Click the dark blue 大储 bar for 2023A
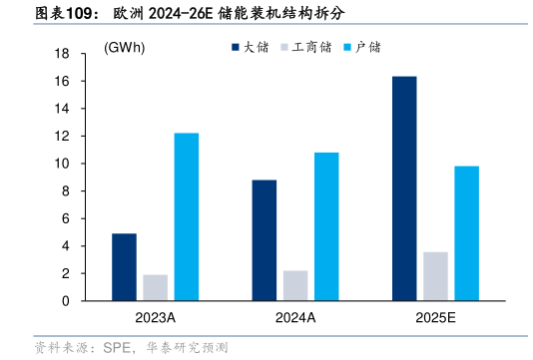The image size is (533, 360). click(124, 267)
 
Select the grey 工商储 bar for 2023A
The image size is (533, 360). click(155, 287)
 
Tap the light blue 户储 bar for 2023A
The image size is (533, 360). click(186, 216)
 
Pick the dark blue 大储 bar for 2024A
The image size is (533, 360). click(264, 240)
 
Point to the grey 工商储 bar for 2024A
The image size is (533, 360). click(294, 285)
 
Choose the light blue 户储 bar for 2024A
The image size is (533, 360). click(326, 226)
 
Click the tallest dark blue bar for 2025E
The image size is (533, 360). click(404, 188)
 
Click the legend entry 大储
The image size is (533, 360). click(255, 47)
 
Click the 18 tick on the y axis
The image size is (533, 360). click(62, 54)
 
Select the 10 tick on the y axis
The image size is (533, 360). click(62, 164)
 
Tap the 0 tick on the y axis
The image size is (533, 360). click(66, 300)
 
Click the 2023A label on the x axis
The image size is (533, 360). click(155, 318)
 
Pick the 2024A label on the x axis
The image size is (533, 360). click(294, 318)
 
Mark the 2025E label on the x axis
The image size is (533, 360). click(435, 318)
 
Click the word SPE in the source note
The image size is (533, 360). click(117, 348)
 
